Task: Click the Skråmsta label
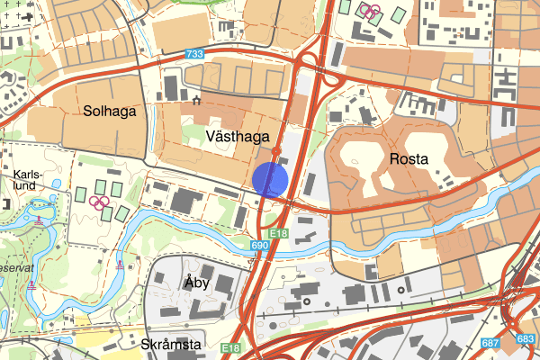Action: pyautogui.click(x=171, y=345)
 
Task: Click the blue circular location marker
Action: pyautogui.click(x=270, y=179)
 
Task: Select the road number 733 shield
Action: pyautogui.click(x=193, y=55)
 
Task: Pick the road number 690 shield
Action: pyautogui.click(x=260, y=245)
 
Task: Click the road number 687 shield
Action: pyautogui.click(x=490, y=342)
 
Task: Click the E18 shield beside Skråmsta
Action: pyautogui.click(x=231, y=348)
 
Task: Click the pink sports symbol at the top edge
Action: pyautogui.click(x=370, y=11)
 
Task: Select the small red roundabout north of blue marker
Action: pyautogui.click(x=277, y=152)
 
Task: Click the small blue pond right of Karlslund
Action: pyautogui.click(x=57, y=184)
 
